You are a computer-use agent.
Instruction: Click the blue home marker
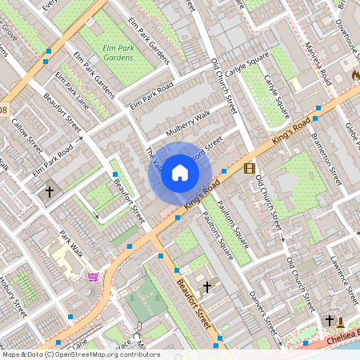click(x=180, y=172)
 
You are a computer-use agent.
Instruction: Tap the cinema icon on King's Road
click(x=250, y=168)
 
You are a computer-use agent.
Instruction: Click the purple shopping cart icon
click(x=94, y=277)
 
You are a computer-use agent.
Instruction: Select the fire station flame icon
click(x=355, y=74)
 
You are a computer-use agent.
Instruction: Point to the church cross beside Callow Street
click(x=50, y=192)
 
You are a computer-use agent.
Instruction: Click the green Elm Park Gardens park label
click(x=118, y=53)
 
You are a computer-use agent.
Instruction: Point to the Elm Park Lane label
click(x=72, y=90)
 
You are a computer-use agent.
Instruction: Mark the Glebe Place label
click(x=353, y=120)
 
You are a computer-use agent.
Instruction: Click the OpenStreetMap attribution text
click(x=80, y=354)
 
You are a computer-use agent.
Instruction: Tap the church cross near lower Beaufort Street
click(x=207, y=286)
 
